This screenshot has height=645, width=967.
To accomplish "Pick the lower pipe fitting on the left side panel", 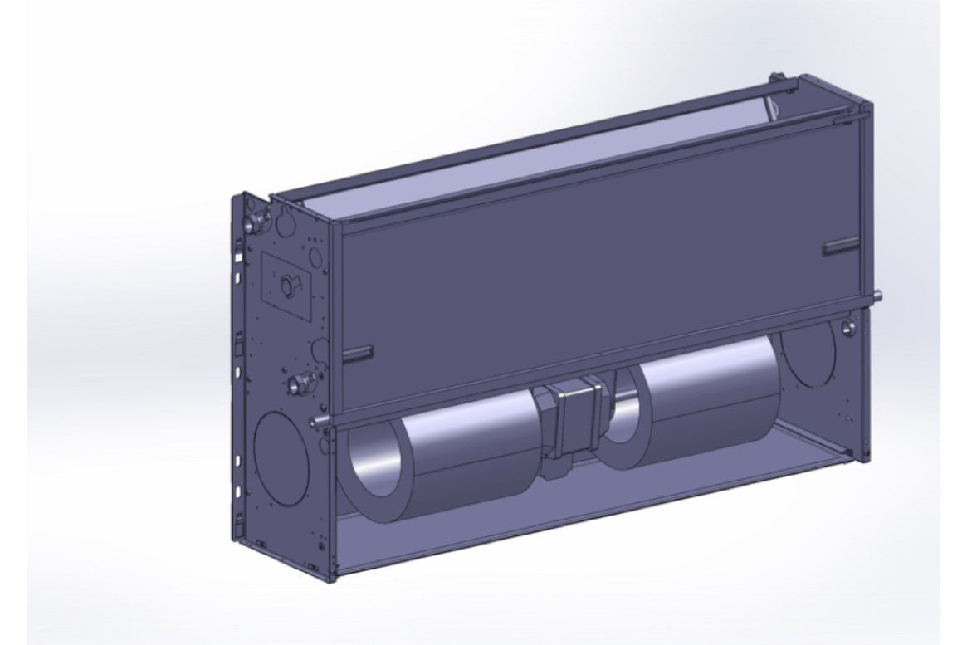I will pos(300,384).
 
